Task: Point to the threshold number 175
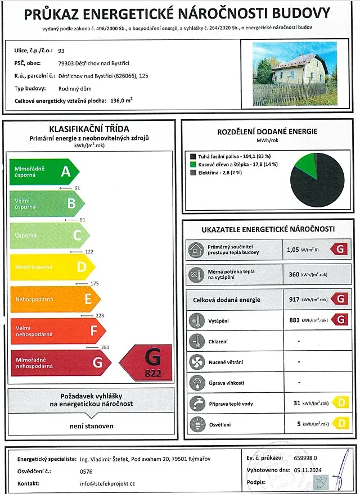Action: pos(94,284)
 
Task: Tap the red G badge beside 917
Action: pos(339,299)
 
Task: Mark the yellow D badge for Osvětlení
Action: pos(339,424)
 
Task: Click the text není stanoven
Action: pos(91,426)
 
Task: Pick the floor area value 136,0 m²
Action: pos(121,101)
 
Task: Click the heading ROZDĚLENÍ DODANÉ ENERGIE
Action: pos(267,132)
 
